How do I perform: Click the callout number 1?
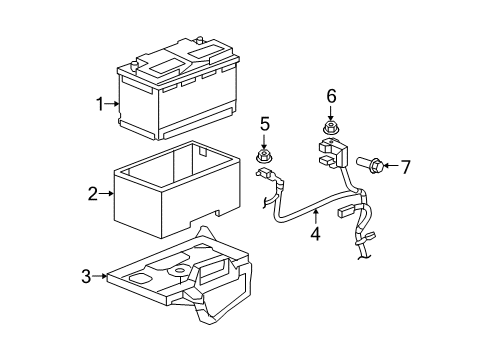[100, 102]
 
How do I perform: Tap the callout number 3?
[88, 276]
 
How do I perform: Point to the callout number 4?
[314, 236]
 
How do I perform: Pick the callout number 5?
[265, 124]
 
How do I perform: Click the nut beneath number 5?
[264, 156]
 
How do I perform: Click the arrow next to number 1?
[113, 102]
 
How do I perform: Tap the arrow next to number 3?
[101, 276]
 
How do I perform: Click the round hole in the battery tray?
[179, 269]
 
